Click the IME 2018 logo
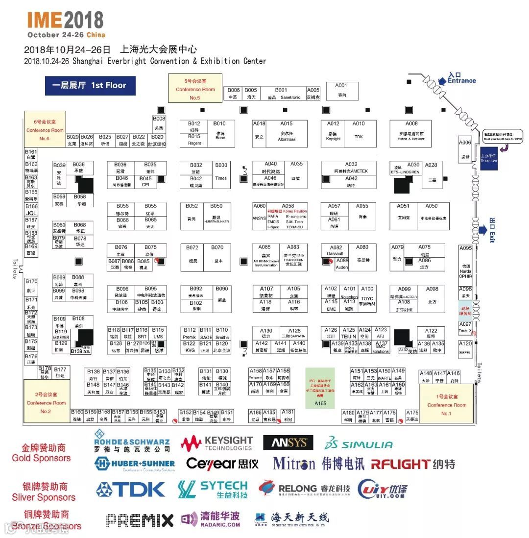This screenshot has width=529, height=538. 66,24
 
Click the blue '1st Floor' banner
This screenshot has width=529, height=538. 90,85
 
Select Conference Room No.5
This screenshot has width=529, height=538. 195,89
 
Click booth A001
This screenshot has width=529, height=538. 341,91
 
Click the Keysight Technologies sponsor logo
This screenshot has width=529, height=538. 216,443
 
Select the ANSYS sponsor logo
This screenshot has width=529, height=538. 288,442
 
